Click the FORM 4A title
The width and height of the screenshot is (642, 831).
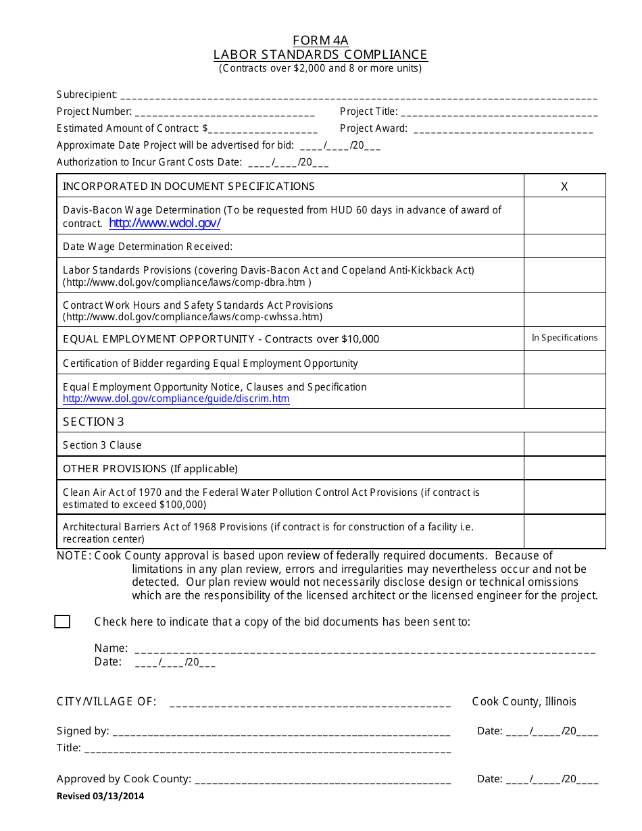[x=320, y=40]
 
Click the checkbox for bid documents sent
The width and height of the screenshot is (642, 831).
[x=62, y=622]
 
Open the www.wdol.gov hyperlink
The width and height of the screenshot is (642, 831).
[x=165, y=223]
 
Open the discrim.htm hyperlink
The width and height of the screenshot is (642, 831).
[x=176, y=399]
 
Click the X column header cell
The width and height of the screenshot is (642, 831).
[x=564, y=186]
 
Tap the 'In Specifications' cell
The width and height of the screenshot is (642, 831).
[x=564, y=338]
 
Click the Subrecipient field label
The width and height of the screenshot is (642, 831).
[x=87, y=95]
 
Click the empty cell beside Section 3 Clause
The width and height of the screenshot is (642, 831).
[x=564, y=445]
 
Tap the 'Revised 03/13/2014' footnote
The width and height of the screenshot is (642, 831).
[x=100, y=796]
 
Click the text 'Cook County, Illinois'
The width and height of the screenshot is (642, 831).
[x=524, y=701]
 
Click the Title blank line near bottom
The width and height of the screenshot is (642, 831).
[x=268, y=749]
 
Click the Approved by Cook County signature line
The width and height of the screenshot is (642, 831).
[x=322, y=780]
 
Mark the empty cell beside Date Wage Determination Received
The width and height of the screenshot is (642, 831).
[x=564, y=246]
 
